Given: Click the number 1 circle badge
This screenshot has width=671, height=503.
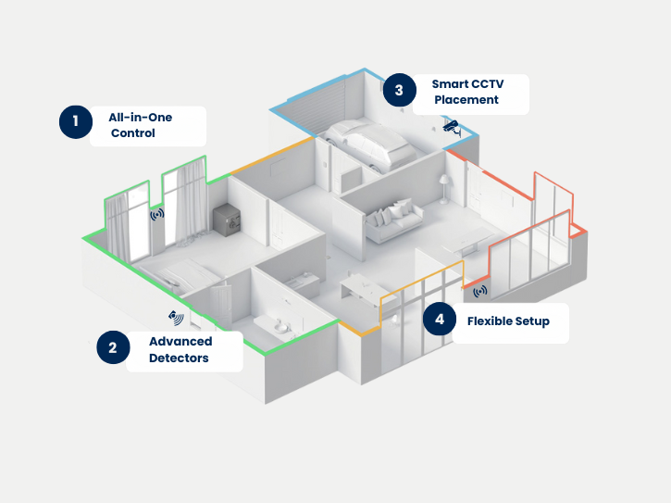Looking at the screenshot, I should [76, 121].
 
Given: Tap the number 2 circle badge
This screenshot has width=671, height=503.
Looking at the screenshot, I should [113, 348].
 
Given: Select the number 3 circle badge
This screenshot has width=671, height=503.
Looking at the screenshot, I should [399, 90].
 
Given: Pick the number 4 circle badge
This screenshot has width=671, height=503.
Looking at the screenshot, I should [440, 320].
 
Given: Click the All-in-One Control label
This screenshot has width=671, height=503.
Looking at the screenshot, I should [141, 125].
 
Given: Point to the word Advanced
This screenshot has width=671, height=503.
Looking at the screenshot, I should [180, 342].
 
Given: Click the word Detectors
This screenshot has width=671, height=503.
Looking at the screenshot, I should [179, 358].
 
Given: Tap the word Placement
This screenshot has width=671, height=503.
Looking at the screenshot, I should [466, 100].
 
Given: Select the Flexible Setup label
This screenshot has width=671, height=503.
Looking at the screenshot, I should [508, 321].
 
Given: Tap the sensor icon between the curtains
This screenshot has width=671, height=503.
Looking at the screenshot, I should [157, 214].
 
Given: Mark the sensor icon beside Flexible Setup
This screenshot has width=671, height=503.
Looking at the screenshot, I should [480, 291].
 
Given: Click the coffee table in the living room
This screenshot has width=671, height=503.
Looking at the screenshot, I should [466, 243].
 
